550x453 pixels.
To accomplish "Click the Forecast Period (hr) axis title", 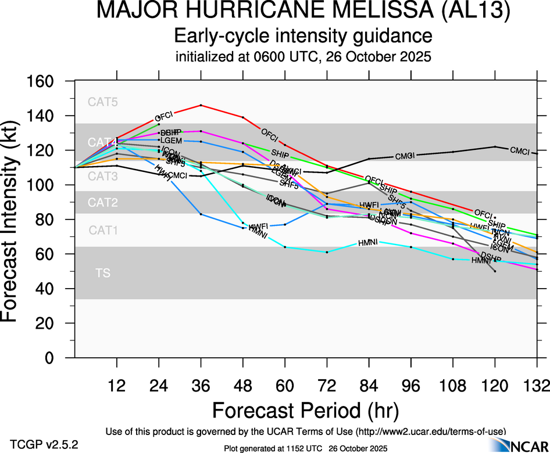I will [x=305, y=410].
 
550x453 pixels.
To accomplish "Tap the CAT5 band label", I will [x=103, y=102].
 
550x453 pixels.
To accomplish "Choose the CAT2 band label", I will [x=103, y=203].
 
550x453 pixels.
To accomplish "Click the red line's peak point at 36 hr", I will [x=201, y=105].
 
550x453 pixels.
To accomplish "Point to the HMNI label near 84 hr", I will [x=368, y=242].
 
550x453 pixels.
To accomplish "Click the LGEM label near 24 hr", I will [x=171, y=141].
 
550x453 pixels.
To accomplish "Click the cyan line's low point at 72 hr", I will [x=327, y=252].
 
